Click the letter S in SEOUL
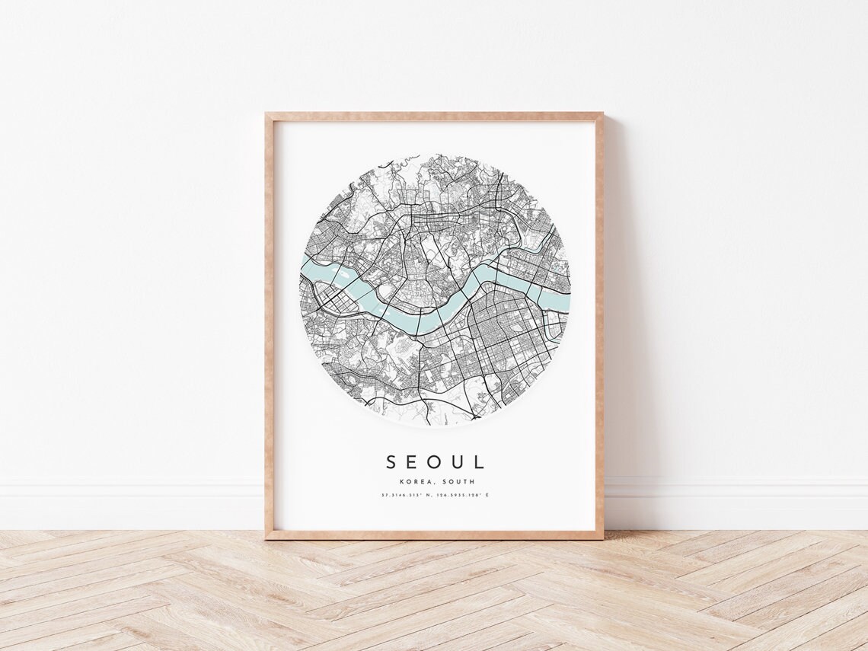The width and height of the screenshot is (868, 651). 391,462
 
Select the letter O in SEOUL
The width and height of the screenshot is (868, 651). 435,462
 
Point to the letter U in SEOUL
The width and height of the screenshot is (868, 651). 458,462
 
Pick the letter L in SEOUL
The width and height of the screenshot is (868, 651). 478,462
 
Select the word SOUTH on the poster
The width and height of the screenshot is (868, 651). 456,481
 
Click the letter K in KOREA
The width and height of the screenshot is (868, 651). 400,481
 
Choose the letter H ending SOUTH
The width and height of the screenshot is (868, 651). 472,481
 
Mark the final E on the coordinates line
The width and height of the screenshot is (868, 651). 487,496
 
